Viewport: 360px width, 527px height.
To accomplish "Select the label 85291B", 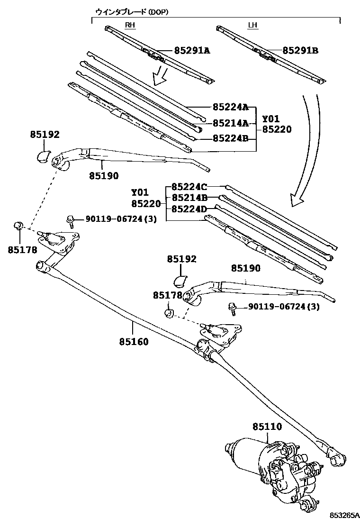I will (300, 50).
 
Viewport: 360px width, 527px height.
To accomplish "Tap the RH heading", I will (130, 25).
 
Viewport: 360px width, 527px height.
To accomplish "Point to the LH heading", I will (253, 25).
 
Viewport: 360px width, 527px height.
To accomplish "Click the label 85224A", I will (230, 108).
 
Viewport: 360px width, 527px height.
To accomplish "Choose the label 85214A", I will (230, 123).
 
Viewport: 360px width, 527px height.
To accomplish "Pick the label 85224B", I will (230, 138).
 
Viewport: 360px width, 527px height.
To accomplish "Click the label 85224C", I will (189, 187).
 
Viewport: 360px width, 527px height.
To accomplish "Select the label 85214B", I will (189, 197).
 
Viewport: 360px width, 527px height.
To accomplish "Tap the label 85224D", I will (189, 209).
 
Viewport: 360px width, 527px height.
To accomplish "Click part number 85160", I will (134, 341).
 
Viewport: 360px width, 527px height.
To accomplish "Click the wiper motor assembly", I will (275, 469).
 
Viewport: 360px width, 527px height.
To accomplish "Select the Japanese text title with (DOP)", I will (132, 11).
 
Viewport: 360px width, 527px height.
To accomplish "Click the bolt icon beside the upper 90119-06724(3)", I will (70, 219).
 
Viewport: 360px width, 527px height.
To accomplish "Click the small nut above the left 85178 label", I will (19, 225).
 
